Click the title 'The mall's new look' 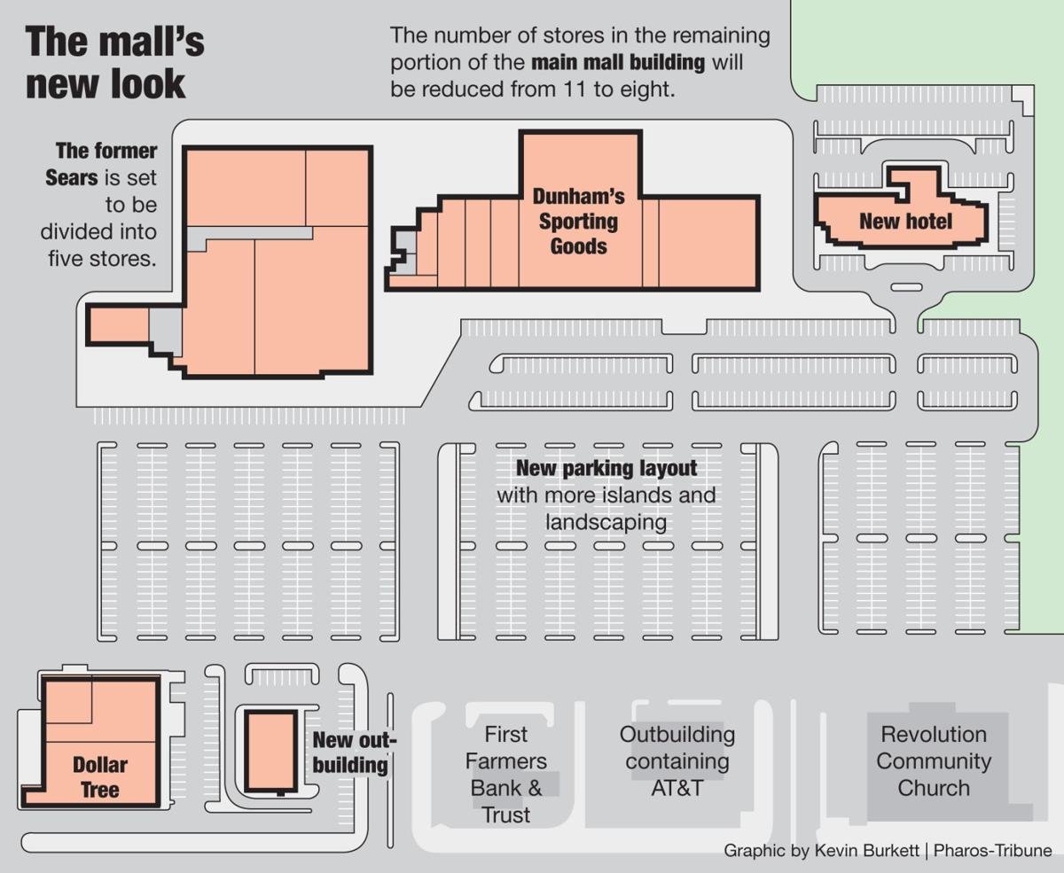point(115,64)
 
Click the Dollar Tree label point(99,776)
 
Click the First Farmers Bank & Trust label point(506,774)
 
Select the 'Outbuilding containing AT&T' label point(677,760)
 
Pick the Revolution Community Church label point(933,760)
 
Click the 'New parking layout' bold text point(606,468)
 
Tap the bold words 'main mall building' point(618,63)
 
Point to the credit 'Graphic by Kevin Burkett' point(820,850)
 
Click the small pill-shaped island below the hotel point(905,286)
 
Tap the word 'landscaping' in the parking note point(606,521)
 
